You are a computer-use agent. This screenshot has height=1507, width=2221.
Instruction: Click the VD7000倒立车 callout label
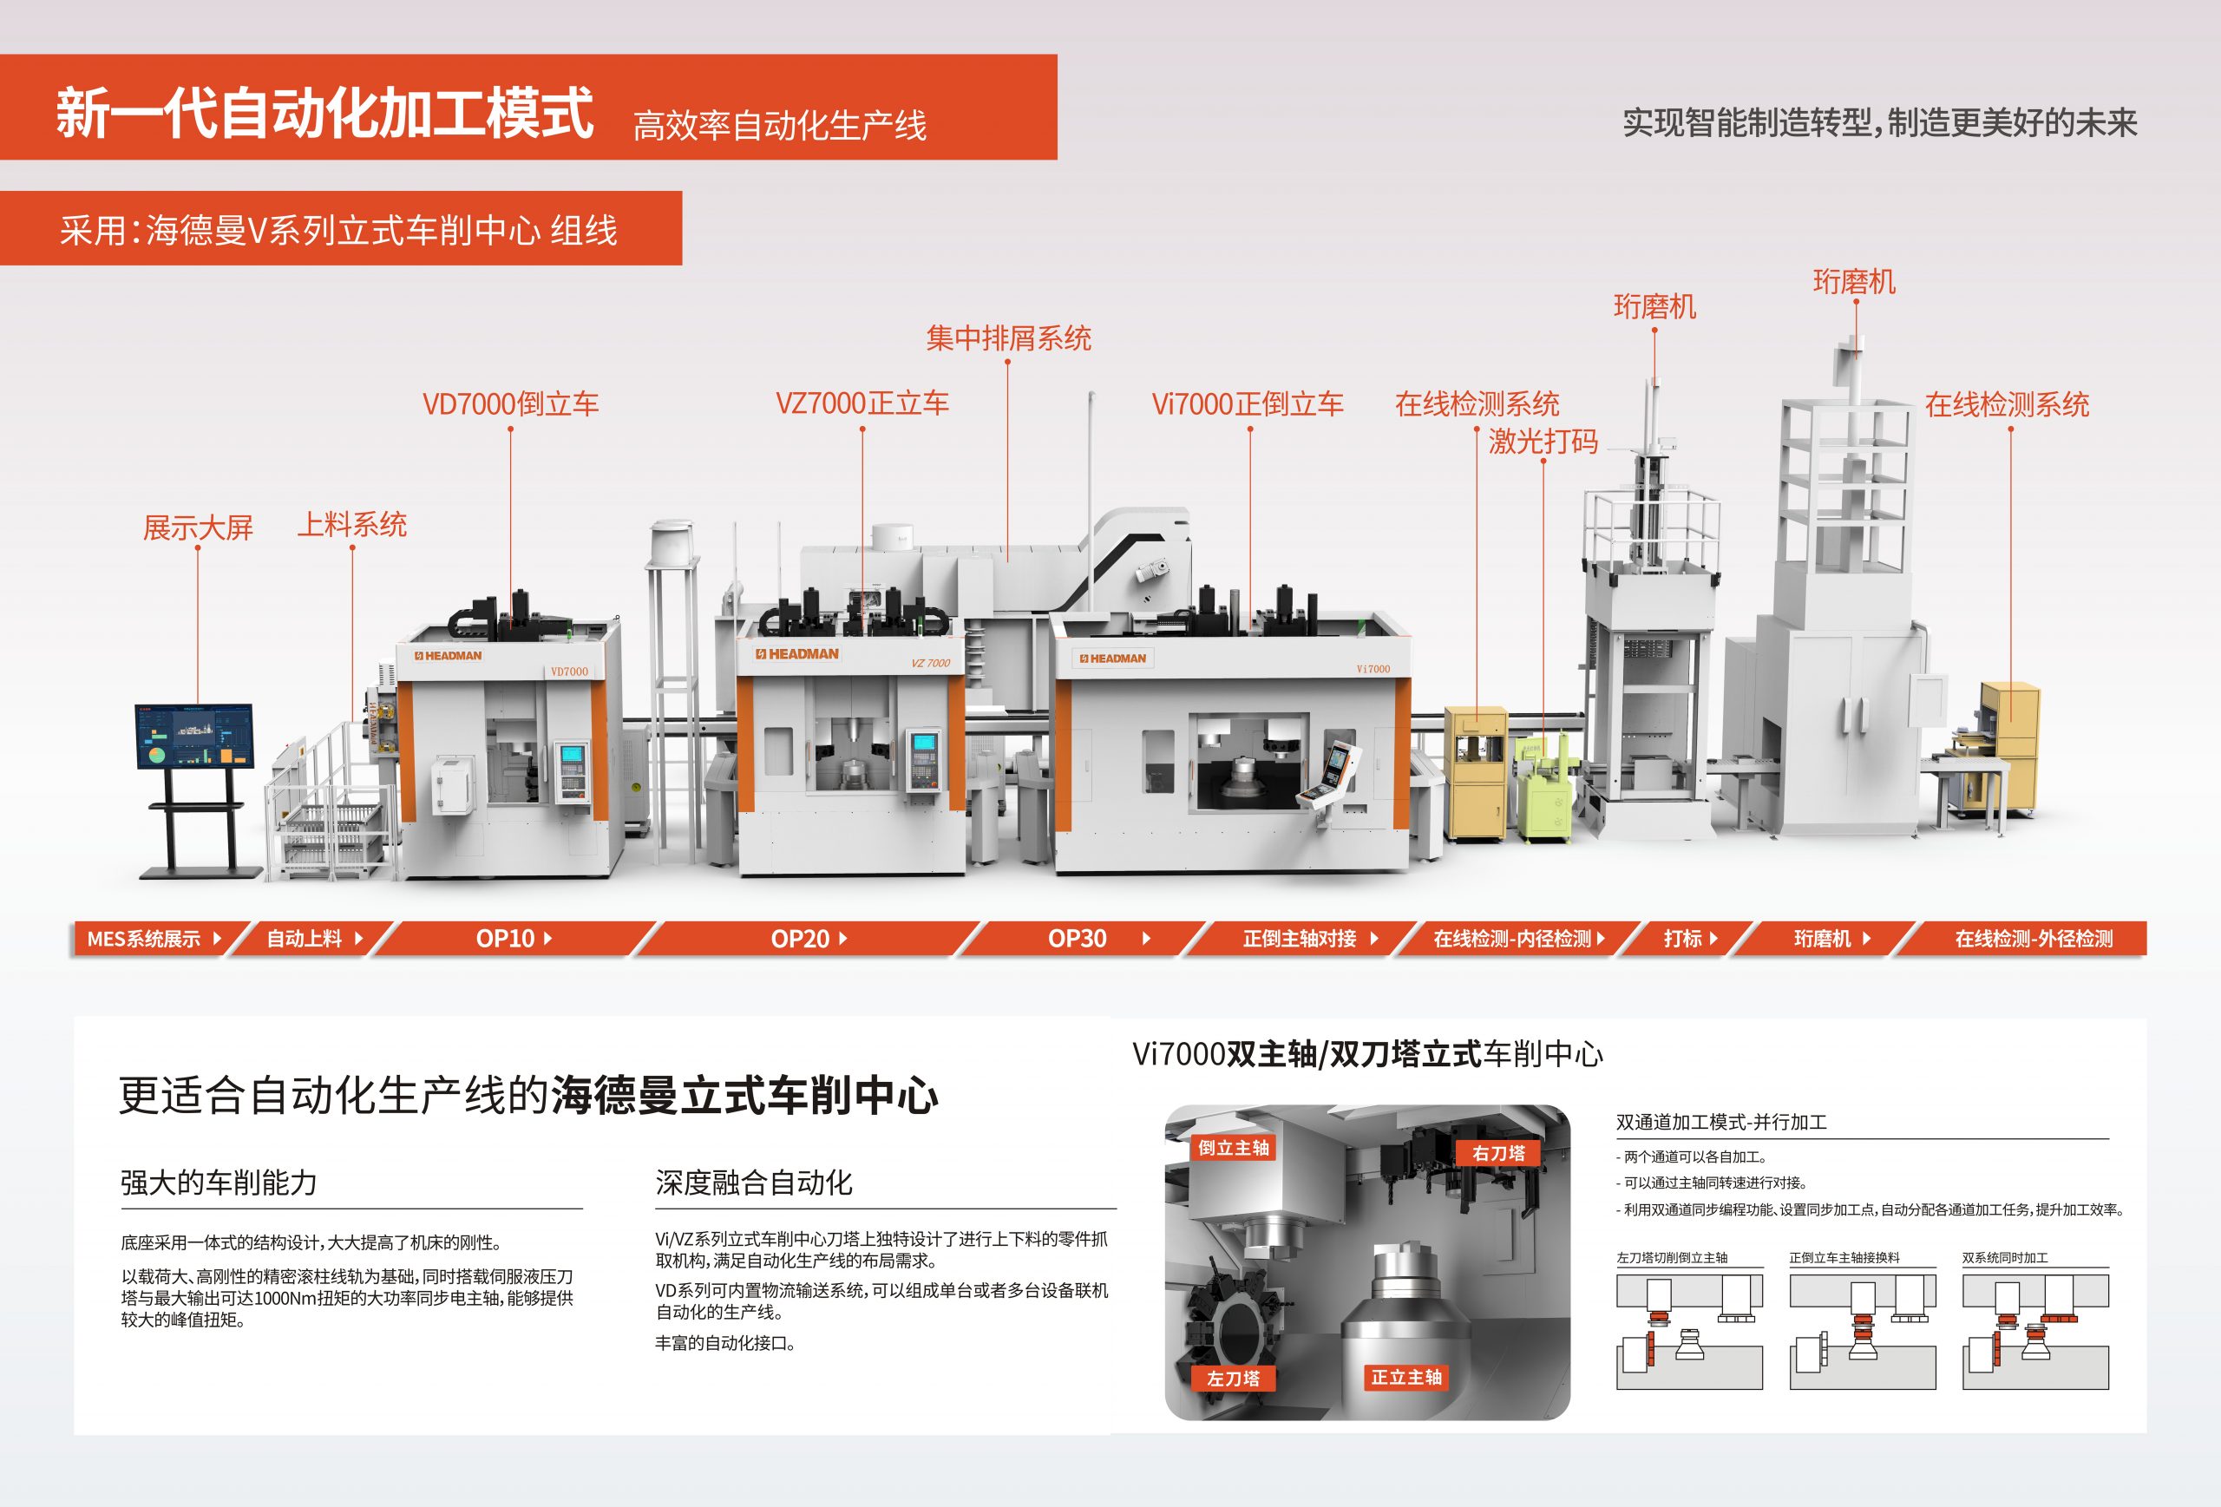[510, 404]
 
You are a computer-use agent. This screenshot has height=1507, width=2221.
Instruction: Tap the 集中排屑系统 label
[1008, 338]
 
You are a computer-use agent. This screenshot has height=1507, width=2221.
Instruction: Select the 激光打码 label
[1543, 442]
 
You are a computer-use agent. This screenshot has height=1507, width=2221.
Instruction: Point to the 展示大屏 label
[198, 527]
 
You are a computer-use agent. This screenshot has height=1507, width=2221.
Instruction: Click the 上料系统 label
[351, 525]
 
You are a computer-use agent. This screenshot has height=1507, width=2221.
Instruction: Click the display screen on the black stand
[195, 736]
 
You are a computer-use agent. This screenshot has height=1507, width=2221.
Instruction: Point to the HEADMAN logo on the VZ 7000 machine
[797, 654]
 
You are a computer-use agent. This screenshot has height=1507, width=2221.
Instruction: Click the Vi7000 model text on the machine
[1373, 669]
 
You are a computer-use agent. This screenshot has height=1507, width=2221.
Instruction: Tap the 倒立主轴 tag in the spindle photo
[1233, 1148]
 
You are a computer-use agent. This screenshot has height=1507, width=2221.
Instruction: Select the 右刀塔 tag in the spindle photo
[1497, 1153]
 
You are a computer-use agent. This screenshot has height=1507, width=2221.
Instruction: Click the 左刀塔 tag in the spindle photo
[1233, 1378]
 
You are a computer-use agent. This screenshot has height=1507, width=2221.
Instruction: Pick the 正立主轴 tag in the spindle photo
[1405, 1377]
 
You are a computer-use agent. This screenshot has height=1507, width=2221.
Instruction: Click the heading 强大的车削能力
[219, 1183]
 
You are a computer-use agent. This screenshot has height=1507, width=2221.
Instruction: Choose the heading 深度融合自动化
[753, 1183]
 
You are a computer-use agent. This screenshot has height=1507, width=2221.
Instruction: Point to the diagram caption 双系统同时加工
[2004, 1258]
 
